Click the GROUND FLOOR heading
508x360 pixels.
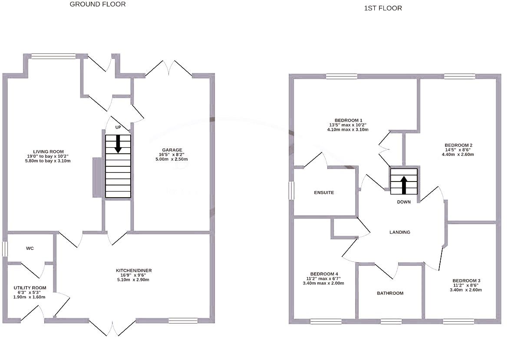[x=98, y=4]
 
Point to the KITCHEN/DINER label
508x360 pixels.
[x=134, y=271]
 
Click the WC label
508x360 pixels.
[x=30, y=248]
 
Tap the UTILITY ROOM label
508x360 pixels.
[x=30, y=288]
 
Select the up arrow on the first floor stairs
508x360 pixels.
[x=404, y=184]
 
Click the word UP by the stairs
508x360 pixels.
[x=118, y=128]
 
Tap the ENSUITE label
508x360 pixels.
[x=324, y=192]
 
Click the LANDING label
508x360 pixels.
[x=399, y=232]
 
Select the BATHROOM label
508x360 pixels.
[x=390, y=293]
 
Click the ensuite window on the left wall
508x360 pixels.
[x=292, y=191]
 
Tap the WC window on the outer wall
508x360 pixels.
[x=4, y=249]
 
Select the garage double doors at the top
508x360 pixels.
[x=169, y=69]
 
